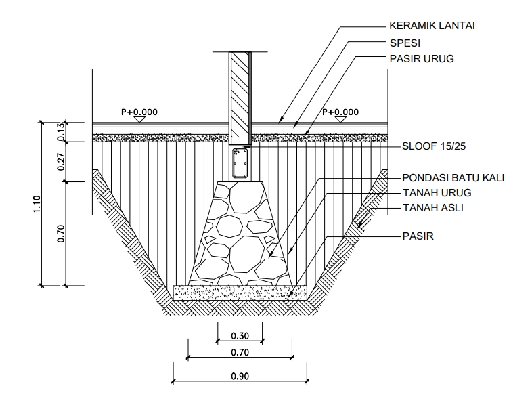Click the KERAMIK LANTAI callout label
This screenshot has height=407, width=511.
(x=432, y=26)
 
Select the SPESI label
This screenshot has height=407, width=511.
(x=404, y=43)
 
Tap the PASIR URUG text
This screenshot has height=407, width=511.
(x=422, y=59)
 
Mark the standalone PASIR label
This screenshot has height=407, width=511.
(x=418, y=236)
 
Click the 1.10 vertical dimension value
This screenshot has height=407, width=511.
(x=37, y=204)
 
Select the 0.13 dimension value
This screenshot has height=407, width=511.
(x=61, y=131)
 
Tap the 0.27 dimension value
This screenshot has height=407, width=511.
(x=61, y=161)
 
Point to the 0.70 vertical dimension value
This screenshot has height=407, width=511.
(x=61, y=232)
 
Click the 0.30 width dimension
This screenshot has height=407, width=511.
(x=240, y=335)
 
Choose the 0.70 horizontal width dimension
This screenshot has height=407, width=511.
(x=240, y=352)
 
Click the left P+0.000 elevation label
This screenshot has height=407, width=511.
(x=139, y=112)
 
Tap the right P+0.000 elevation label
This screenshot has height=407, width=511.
(x=340, y=112)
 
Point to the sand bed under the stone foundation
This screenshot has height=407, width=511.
(x=240, y=292)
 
